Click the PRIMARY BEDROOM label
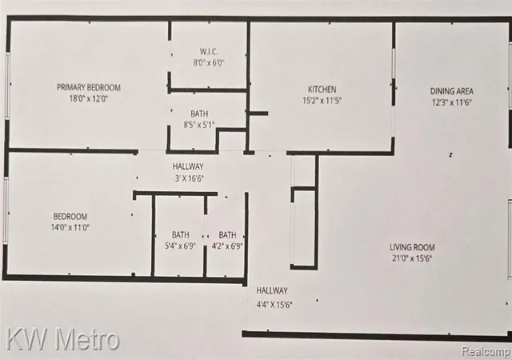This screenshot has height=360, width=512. (x=89, y=87)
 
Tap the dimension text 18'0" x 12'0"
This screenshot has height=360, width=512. (x=89, y=98)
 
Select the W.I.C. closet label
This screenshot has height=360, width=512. (x=209, y=52)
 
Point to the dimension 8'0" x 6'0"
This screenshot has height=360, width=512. (x=209, y=62)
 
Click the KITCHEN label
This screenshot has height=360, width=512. (x=322, y=89)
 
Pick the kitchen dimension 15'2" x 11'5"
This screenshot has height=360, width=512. (x=322, y=100)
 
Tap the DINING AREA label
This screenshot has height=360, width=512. (x=451, y=91)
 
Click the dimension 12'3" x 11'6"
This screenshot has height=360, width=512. (x=452, y=102)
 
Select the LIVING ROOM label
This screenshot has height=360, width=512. (x=412, y=247)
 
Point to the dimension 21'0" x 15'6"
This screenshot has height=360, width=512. (x=412, y=258)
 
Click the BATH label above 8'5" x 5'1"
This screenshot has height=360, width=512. (x=199, y=114)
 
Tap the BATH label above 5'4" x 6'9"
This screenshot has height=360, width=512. (x=180, y=235)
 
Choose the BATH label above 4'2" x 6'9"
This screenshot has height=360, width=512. (x=227, y=235)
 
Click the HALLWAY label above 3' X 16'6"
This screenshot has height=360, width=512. (x=188, y=166)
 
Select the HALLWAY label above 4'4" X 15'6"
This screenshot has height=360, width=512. (x=272, y=290)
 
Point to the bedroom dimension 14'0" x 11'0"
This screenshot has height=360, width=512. (x=70, y=227)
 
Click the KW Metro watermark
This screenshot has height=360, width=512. (x=62, y=340)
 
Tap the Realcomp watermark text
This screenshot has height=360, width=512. (x=486, y=351)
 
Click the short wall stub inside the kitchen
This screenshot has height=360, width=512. (x=258, y=114)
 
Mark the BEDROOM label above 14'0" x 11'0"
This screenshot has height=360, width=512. (x=70, y=217)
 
